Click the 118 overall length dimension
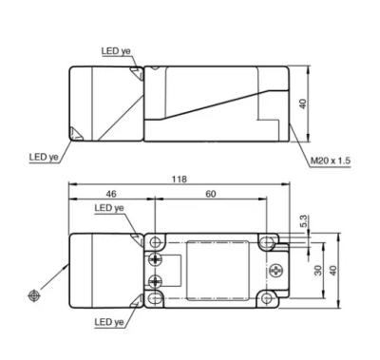tap(180, 179)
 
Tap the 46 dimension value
tap(111, 194)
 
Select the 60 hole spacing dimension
tap(211, 194)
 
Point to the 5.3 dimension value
tap(303, 221)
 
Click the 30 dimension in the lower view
tap(318, 270)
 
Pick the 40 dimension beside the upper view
tap(303, 104)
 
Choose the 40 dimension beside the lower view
tap(333, 270)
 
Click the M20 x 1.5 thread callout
tap(331, 161)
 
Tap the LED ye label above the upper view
tap(116, 51)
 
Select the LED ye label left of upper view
tap(44, 157)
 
